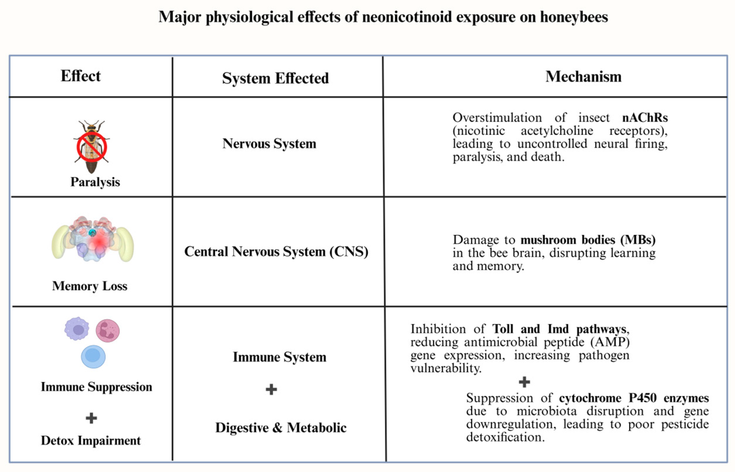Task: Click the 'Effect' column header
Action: [x=81, y=76]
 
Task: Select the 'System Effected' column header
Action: [x=275, y=78]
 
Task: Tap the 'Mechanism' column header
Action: [x=583, y=76]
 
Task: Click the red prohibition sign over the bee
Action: [x=92, y=147]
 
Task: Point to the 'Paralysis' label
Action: [x=95, y=182]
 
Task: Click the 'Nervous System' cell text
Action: [x=269, y=143]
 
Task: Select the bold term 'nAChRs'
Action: [x=645, y=118]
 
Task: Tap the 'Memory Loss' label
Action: [x=90, y=286]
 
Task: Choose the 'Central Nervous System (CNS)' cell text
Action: [x=276, y=252]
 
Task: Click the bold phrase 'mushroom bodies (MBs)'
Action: [x=588, y=240]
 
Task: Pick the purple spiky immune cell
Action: [x=77, y=329]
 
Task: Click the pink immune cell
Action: [x=108, y=331]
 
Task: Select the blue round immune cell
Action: [x=93, y=356]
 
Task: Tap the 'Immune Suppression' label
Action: [x=96, y=387]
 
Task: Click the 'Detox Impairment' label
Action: [x=91, y=440]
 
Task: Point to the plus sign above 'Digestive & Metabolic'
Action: [x=271, y=389]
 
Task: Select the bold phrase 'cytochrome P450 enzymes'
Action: [x=633, y=398]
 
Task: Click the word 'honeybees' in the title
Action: [x=574, y=17]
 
